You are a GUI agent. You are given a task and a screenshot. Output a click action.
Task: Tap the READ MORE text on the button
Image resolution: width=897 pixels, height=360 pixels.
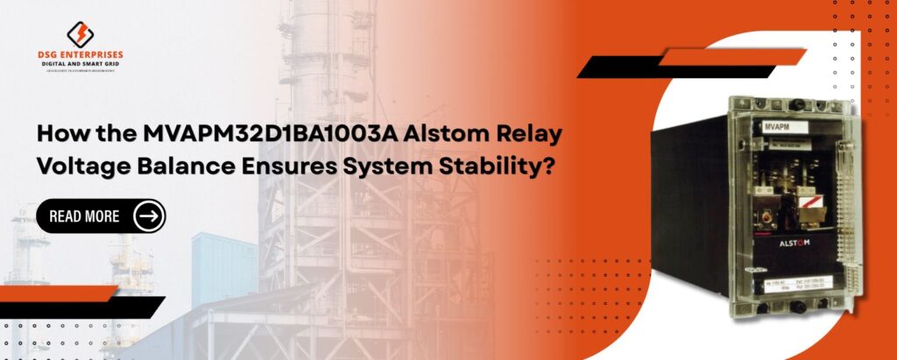84,216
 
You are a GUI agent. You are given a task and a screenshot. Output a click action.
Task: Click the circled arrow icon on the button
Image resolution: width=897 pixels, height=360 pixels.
148,216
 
